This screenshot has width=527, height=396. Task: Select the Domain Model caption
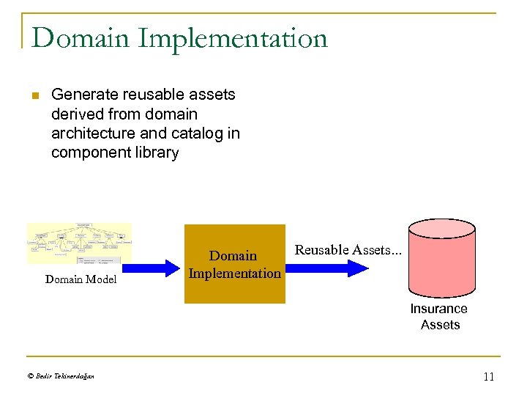[x=81, y=279]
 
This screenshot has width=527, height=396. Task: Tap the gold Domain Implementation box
[x=234, y=264]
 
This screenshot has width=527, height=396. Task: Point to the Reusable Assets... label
[x=348, y=250]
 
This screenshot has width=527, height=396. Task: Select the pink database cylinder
[x=441, y=257]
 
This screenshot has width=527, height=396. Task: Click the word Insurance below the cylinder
[x=438, y=309]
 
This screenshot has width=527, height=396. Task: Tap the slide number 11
[x=489, y=377]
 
